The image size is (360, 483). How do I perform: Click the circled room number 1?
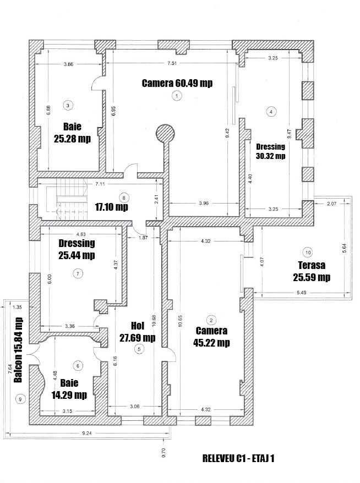[176, 96]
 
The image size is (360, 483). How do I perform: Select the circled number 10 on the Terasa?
[308, 253]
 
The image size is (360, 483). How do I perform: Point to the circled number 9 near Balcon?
[21, 399]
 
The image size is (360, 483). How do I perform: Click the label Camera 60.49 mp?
[177, 83]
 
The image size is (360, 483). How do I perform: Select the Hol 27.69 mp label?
[137, 332]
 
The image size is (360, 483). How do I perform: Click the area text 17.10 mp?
[111, 207]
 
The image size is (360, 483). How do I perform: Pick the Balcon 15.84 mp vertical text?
[18, 350]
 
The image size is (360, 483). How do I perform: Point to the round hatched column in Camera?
[165, 133]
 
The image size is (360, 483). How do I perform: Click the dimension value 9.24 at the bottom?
[86, 433]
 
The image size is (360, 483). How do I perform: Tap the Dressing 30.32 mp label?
[271, 151]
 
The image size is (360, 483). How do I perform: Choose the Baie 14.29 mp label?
[70, 389]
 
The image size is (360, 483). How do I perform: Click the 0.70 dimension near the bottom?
[163, 453]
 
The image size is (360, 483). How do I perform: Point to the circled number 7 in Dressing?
[78, 273]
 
